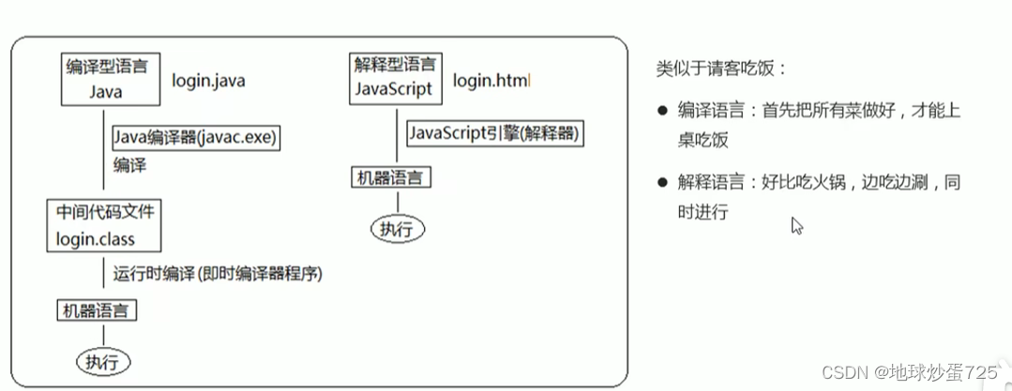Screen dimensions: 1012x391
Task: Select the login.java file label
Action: click(208, 82)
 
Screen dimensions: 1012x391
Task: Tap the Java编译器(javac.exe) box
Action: click(197, 137)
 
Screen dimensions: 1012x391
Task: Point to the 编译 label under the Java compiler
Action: click(131, 165)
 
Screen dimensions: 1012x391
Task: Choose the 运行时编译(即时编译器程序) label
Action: click(218, 274)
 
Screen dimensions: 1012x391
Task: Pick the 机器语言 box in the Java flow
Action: click(98, 309)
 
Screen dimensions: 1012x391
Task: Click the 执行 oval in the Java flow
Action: click(103, 361)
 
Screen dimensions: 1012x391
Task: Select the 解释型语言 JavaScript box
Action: click(395, 79)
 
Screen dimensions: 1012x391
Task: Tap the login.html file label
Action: click(491, 82)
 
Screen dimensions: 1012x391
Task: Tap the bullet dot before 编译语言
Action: click(662, 111)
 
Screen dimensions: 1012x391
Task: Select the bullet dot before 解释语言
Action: click(662, 182)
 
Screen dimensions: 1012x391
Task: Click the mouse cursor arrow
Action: click(796, 225)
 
